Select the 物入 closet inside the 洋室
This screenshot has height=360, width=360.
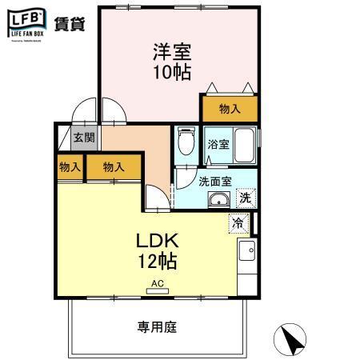click(229, 109)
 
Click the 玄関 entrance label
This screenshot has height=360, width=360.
click(83, 138)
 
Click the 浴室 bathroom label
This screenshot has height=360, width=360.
click(219, 146)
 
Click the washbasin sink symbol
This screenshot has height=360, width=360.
click(218, 199)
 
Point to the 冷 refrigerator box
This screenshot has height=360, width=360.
click(238, 223)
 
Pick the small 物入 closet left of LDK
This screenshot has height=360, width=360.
click(69, 167)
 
